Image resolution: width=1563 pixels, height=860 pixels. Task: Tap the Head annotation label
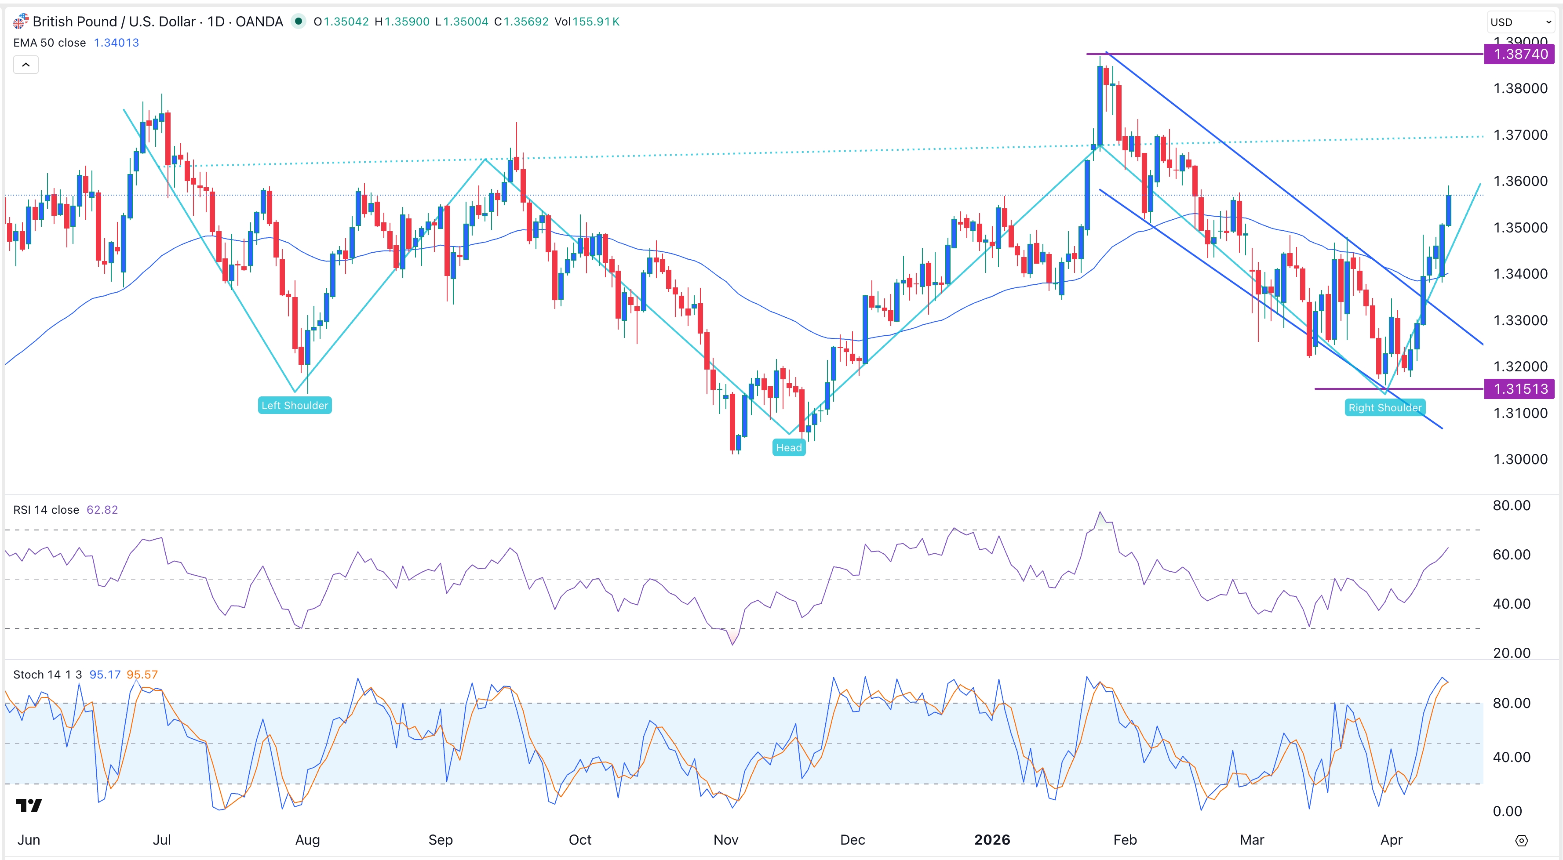788,448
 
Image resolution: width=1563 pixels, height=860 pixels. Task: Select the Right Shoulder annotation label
1384,407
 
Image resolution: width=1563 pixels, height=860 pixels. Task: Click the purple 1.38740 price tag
1519,54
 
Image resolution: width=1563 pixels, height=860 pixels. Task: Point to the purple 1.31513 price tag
1519,389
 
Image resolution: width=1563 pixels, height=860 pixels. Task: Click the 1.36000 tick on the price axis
1520,181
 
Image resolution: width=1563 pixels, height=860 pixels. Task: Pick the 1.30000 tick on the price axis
1520,459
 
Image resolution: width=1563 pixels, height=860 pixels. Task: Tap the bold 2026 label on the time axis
991,839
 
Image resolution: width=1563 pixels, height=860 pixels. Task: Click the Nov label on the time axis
726,839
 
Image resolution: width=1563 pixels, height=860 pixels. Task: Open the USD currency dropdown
1520,22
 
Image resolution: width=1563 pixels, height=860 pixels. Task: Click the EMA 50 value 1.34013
116,43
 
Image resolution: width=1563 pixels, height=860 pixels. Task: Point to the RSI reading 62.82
102,509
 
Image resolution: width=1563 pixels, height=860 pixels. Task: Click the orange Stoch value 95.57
142,675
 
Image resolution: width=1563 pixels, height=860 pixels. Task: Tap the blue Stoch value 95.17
105,675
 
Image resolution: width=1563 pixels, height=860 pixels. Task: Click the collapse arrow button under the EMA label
26,64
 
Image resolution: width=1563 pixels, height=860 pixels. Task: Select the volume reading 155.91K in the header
595,22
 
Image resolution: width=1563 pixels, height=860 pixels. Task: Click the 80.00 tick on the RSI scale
1511,505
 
